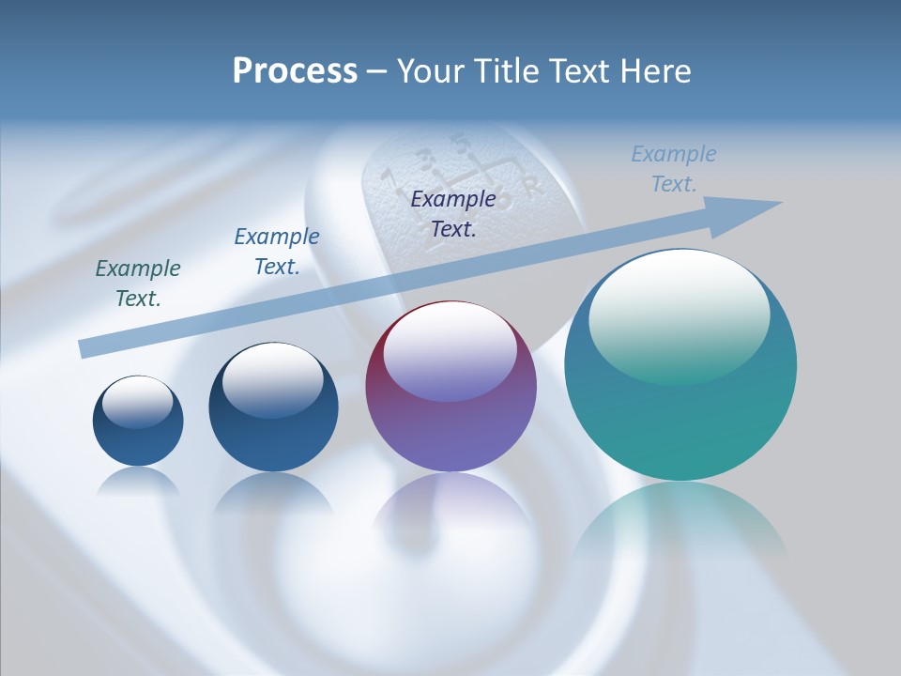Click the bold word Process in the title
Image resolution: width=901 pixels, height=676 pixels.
tap(295, 71)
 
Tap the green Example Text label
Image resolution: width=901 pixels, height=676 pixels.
tap(138, 283)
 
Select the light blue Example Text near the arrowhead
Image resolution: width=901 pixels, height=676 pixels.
tap(674, 169)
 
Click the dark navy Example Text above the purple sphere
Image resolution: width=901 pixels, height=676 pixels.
tap(453, 213)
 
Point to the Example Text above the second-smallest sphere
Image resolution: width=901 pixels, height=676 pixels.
tap(277, 251)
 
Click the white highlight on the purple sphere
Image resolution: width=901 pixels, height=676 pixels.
tap(450, 347)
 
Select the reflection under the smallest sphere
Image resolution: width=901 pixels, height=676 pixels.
tap(138, 481)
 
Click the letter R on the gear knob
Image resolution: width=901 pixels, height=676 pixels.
tap(534, 186)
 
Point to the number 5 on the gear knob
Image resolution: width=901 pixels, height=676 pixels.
tap(459, 143)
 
